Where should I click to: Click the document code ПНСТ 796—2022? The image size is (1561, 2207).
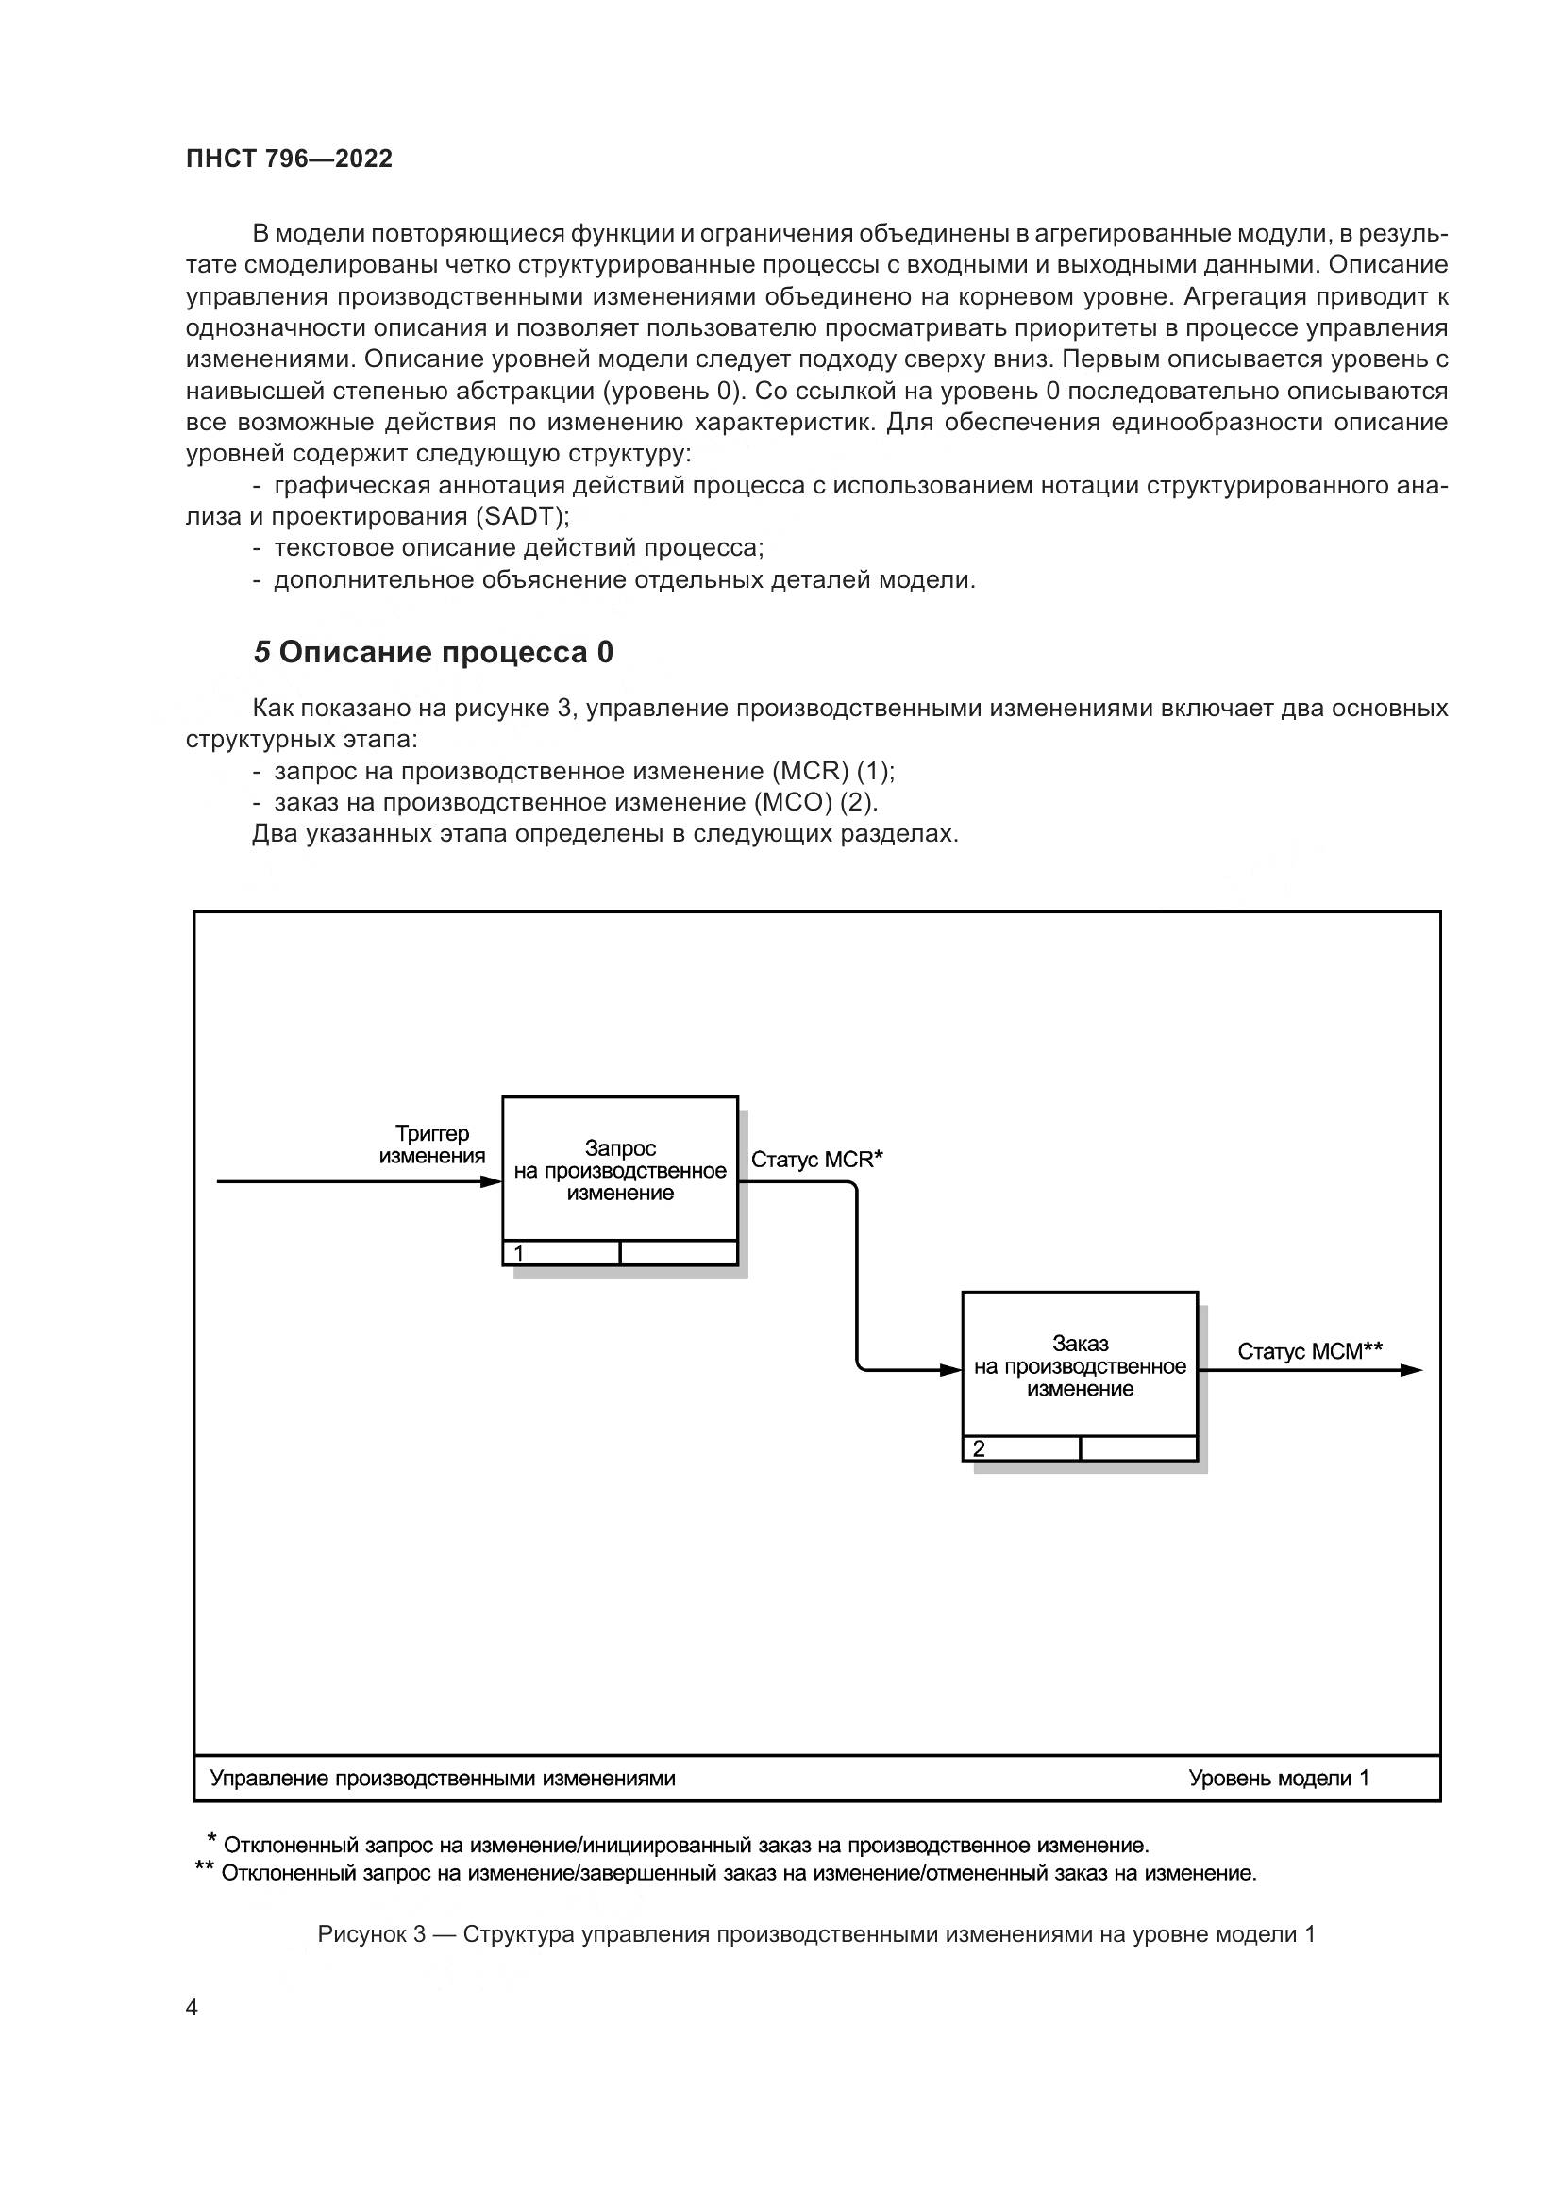pyautogui.click(x=290, y=159)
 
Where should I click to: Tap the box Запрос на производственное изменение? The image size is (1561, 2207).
pyautogui.click(x=620, y=1170)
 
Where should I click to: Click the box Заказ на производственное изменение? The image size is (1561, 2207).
pyautogui.click(x=1080, y=1366)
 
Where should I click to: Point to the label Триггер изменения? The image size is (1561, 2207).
pyautogui.click(x=431, y=1145)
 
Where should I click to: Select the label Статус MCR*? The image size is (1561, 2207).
pyautogui.click(x=817, y=1160)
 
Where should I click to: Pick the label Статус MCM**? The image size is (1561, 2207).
pyautogui.click(x=1310, y=1351)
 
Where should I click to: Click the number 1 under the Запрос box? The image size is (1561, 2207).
pyautogui.click(x=519, y=1253)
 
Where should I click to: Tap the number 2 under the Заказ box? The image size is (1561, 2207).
pyautogui.click(x=979, y=1448)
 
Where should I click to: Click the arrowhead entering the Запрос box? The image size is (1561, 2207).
pyautogui.click(x=491, y=1181)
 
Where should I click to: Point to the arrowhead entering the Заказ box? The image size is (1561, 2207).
pyautogui.click(x=950, y=1370)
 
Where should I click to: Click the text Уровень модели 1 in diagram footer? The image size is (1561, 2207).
pyautogui.click(x=1279, y=1779)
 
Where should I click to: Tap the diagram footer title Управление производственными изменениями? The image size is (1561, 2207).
pyautogui.click(x=442, y=1779)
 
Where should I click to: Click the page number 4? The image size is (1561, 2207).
pyautogui.click(x=192, y=2008)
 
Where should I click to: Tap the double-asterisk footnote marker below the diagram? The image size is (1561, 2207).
pyautogui.click(x=204, y=1866)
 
